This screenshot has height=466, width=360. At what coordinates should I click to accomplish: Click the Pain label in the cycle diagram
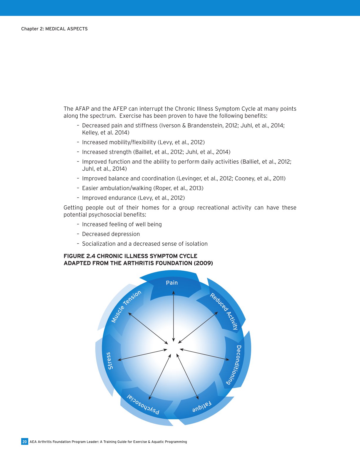[x=172, y=283]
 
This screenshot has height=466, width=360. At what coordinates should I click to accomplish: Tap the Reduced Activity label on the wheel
[x=224, y=311]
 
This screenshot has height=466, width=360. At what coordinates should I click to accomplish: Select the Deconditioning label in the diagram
[x=236, y=365]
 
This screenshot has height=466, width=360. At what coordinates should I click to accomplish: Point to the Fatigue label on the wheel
[x=202, y=407]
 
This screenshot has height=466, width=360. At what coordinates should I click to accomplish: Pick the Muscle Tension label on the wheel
[x=126, y=306]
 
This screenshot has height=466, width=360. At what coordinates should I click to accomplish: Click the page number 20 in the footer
[x=25, y=442]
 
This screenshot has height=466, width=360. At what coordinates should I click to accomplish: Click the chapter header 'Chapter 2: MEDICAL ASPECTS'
[x=54, y=29]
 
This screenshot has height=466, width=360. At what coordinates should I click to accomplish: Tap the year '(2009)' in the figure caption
[x=203, y=263]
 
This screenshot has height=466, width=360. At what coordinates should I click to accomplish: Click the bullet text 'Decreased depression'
[x=111, y=234]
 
